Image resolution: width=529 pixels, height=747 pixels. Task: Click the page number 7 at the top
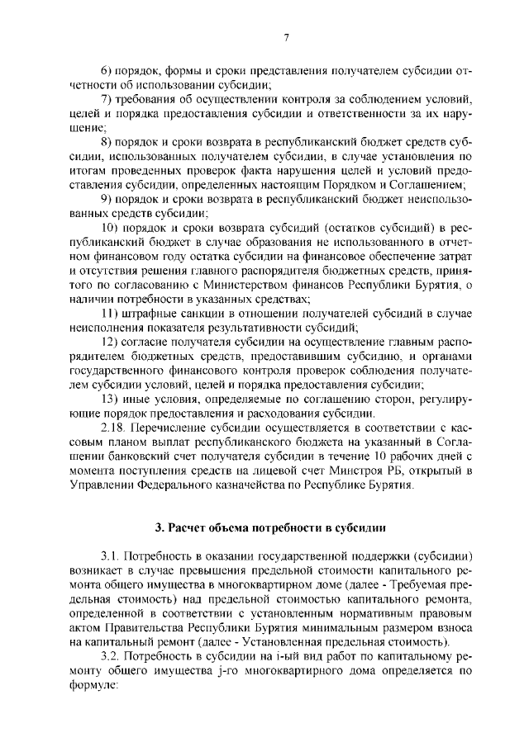(x=284, y=37)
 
